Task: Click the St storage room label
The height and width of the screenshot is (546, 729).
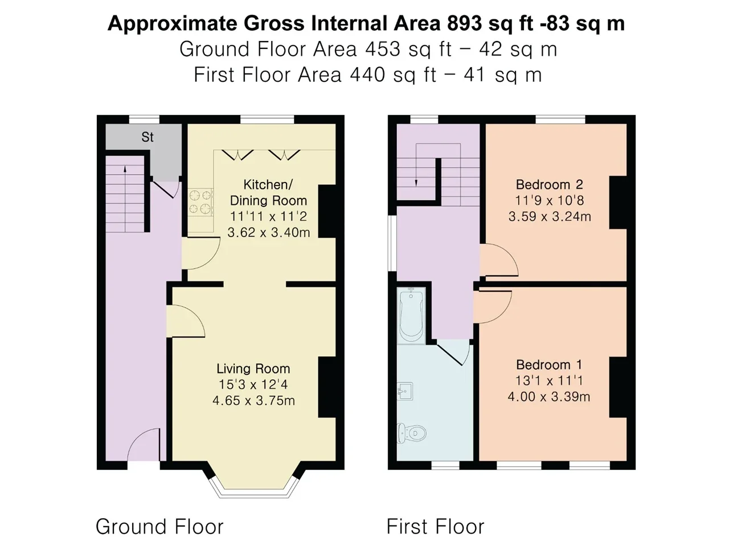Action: (x=148, y=137)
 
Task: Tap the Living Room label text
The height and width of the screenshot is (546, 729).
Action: (x=253, y=369)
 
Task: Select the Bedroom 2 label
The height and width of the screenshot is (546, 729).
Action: (x=550, y=184)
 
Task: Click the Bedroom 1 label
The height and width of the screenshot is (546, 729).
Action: (x=549, y=365)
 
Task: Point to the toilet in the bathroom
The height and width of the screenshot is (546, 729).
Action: (x=412, y=433)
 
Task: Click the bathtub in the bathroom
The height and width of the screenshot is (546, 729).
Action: (x=411, y=316)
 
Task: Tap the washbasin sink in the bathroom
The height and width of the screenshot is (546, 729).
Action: (x=405, y=391)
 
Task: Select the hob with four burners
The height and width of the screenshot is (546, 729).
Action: (x=200, y=202)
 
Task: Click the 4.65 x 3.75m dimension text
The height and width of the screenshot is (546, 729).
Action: (x=253, y=400)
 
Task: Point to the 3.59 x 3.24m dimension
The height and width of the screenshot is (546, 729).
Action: (x=550, y=217)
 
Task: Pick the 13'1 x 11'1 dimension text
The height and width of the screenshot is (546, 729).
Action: (x=549, y=380)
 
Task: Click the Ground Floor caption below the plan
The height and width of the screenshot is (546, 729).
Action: (x=159, y=526)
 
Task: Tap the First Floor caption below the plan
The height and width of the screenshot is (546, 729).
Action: (x=436, y=526)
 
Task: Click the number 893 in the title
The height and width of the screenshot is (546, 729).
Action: (x=464, y=23)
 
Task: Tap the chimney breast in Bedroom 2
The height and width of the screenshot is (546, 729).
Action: (x=619, y=202)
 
